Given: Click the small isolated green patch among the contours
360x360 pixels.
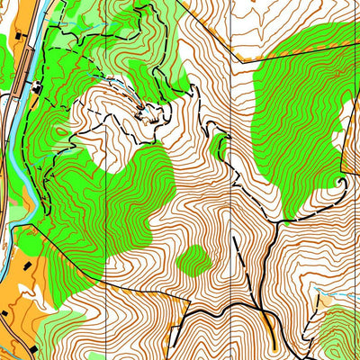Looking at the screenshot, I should pyautogui.click(x=193, y=260).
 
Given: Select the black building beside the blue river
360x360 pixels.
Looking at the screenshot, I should pyautogui.click(x=37, y=88).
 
